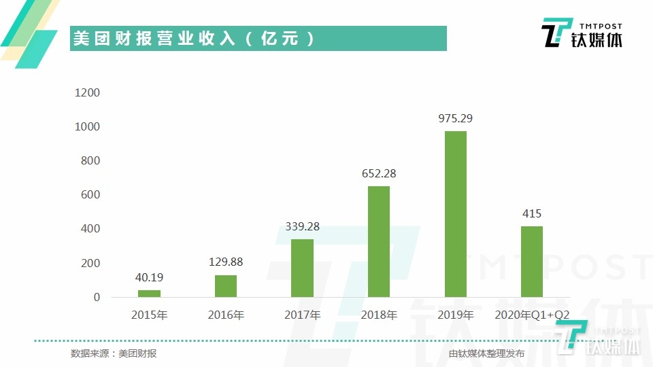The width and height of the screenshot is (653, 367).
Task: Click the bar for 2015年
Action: click(150, 294)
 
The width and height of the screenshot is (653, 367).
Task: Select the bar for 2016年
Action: click(226, 286)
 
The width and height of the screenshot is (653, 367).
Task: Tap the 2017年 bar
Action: click(303, 268)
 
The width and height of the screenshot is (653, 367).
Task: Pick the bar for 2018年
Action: click(379, 241)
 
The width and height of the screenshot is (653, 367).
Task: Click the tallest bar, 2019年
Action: click(456, 214)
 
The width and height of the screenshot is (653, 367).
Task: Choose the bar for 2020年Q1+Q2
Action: click(532, 262)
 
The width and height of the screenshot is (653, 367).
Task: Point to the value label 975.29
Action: click(456, 118)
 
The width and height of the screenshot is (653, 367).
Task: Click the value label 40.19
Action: click(150, 277)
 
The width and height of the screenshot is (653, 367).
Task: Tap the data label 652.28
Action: click(379, 173)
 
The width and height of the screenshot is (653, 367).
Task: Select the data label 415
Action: click(532, 213)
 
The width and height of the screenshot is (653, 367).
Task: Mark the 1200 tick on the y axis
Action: click(88, 92)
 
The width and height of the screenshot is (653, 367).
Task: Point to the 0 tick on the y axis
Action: click(97, 297)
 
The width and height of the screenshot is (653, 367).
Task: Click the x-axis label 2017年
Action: click(303, 315)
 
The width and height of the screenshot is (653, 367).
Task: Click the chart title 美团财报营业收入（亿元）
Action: click(194, 39)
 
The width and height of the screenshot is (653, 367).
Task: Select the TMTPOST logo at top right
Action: click(581, 33)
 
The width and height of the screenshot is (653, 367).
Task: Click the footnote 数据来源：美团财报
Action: click(114, 353)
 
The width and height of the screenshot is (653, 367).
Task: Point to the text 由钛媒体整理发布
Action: click(486, 353)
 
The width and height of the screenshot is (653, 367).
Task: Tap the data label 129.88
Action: click(226, 262)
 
